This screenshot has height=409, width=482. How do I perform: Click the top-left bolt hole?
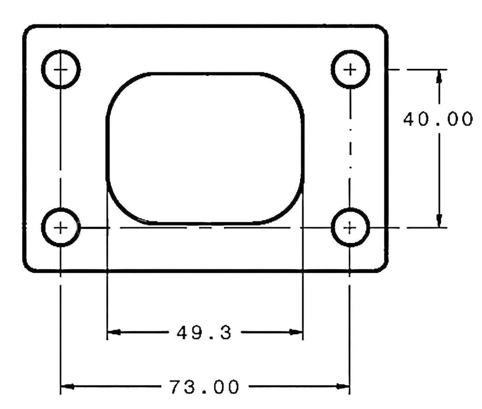coord(61,70)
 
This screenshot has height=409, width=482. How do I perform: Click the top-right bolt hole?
coord(350,70)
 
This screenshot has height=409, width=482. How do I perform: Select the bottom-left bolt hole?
coord(61,227)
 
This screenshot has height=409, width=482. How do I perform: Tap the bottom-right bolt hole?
coord(350,227)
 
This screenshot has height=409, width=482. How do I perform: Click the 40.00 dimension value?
coord(438,119)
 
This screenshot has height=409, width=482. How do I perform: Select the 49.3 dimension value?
coord(204,333)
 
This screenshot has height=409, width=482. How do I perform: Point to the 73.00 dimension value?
coord(204,386)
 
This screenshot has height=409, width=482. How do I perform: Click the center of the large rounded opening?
coord(205,148)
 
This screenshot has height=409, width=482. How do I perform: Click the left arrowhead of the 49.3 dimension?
coord(113,332)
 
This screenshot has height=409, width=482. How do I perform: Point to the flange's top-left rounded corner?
coord(29,31)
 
